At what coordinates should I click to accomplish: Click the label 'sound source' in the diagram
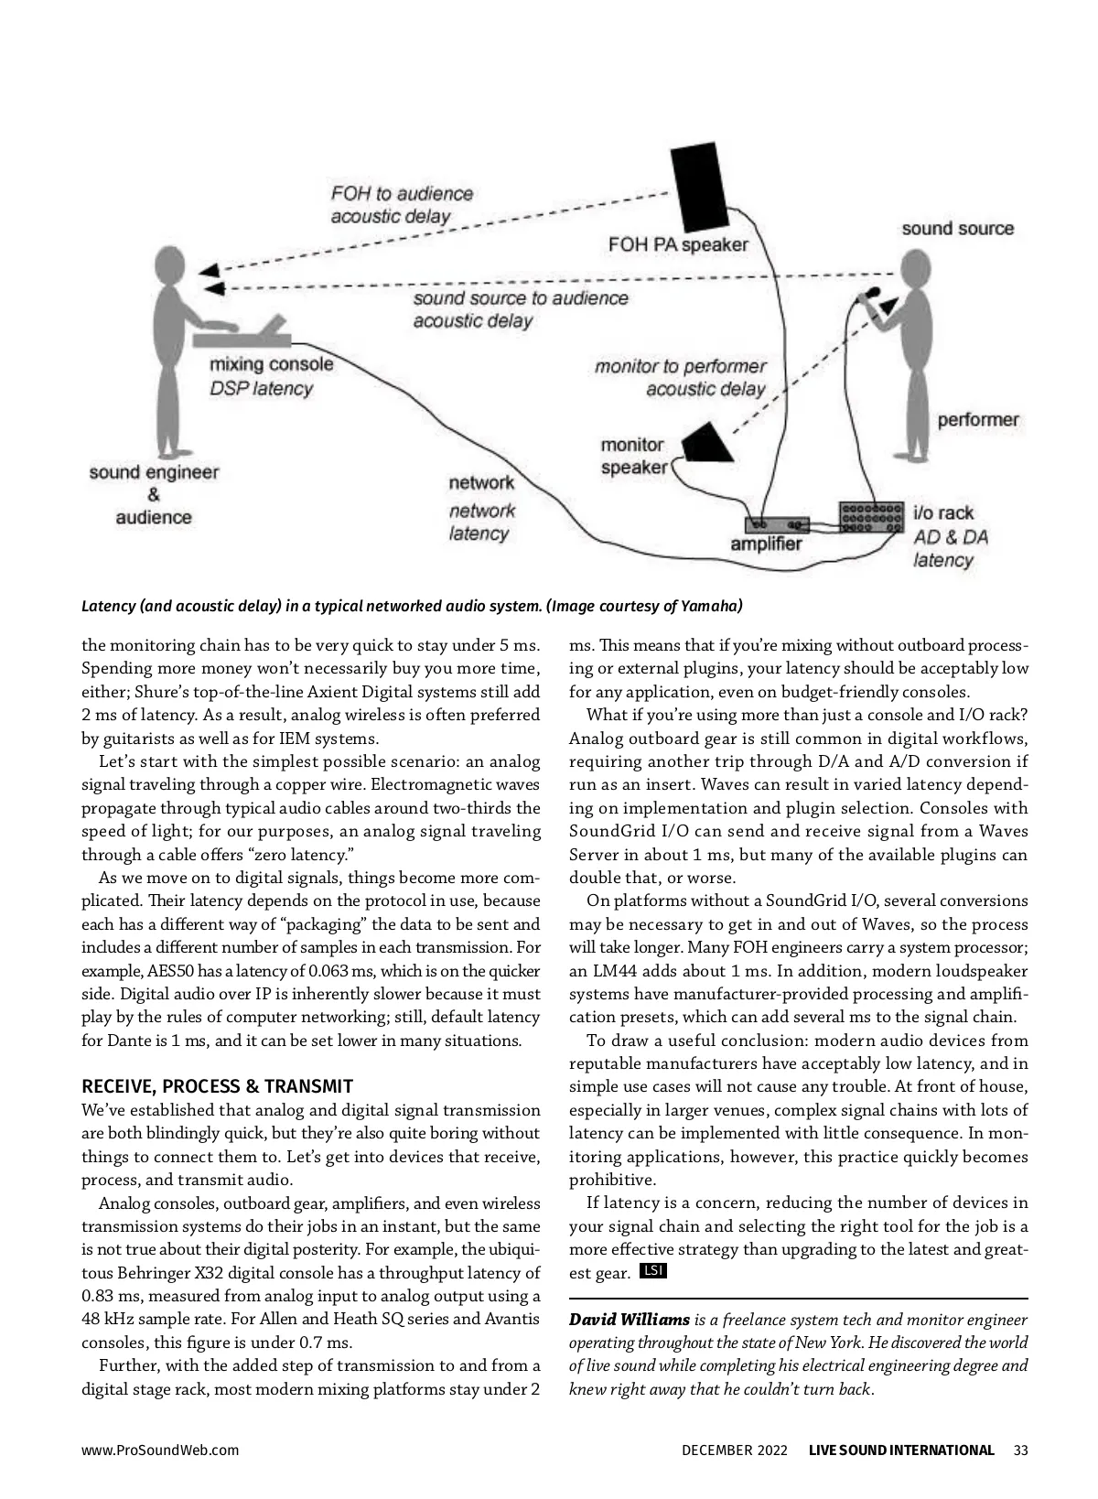pyautogui.click(x=957, y=228)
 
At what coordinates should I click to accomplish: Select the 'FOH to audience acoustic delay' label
pyautogui.click(x=402, y=205)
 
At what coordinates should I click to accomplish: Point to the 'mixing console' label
pyautogui.click(x=272, y=364)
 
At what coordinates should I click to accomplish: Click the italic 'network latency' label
pyautogui.click(x=481, y=523)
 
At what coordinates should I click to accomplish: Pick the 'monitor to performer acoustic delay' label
pyautogui.click(x=680, y=377)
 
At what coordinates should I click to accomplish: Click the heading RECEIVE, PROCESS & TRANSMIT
pyautogui.click(x=217, y=1086)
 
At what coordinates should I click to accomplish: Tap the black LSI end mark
pyautogui.click(x=653, y=1270)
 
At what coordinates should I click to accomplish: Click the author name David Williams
pyautogui.click(x=629, y=1320)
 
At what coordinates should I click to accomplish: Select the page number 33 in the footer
pyautogui.click(x=1021, y=1450)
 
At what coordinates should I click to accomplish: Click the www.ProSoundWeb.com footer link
pyautogui.click(x=160, y=1450)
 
